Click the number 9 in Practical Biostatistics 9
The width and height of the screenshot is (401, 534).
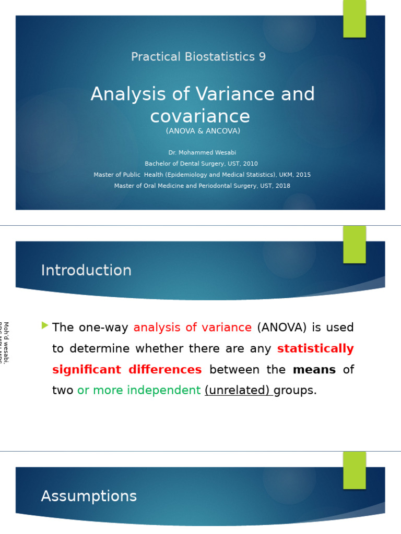262,57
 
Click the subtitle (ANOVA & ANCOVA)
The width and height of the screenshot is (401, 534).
203,131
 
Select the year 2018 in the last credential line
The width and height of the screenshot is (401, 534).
282,186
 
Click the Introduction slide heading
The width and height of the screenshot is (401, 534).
86,271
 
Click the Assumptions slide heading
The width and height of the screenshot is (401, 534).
89,496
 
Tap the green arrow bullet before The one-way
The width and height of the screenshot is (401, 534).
45,325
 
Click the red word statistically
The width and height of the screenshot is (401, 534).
315,349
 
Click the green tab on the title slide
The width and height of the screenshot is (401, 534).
355,18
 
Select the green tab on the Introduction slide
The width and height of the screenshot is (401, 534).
355,244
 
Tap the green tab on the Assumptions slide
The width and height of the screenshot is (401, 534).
355,470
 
